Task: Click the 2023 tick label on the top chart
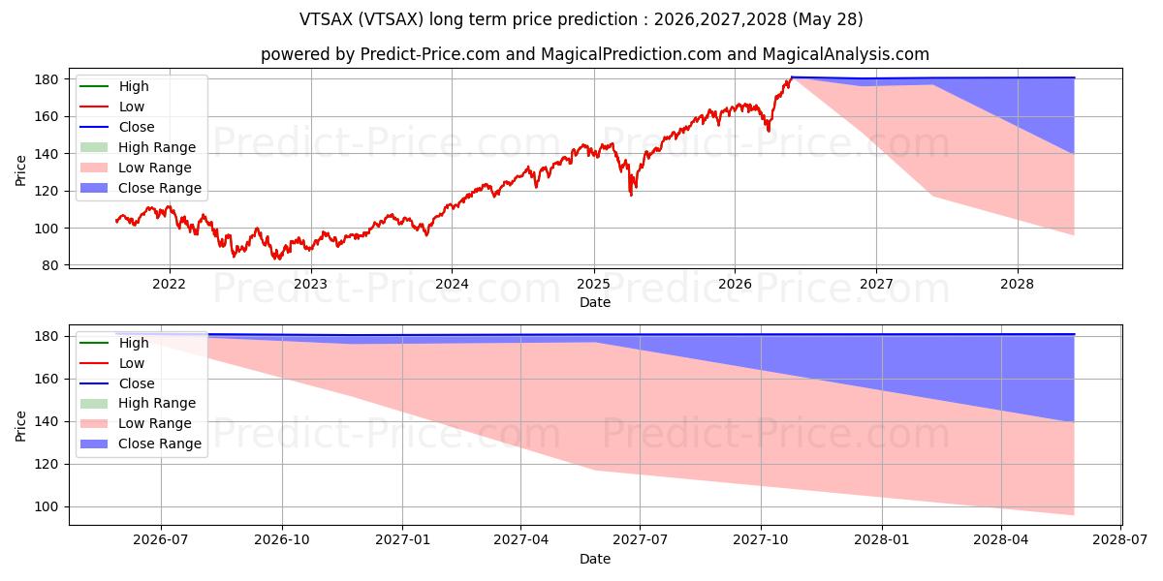tap(310, 285)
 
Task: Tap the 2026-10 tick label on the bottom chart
tap(282, 540)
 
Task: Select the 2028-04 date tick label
tap(1001, 540)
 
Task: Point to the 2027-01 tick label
tap(402, 540)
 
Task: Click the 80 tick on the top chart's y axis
tap(49, 265)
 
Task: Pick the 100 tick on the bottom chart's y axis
tap(47, 506)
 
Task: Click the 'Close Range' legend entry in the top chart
tap(141, 188)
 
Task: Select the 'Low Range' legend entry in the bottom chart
tap(136, 423)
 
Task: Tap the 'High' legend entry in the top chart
tap(114, 86)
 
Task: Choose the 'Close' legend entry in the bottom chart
tap(117, 383)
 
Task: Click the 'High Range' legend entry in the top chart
tap(138, 147)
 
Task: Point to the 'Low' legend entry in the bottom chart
tap(111, 363)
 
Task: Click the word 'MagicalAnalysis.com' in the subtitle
tap(846, 54)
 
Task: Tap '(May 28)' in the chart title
tap(828, 19)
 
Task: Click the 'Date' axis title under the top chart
tap(595, 302)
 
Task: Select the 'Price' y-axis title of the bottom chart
tap(20, 426)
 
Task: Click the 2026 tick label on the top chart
tap(735, 285)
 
